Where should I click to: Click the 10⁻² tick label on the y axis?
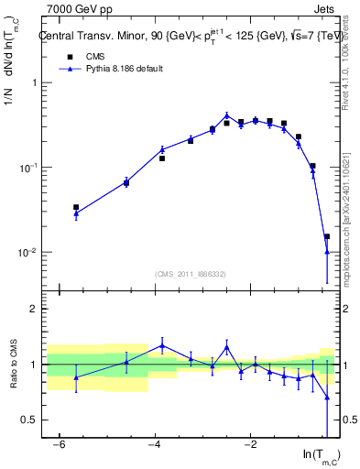[x=28, y=253]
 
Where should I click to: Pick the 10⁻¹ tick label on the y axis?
[x=28, y=168]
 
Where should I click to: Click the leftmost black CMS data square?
[x=76, y=208]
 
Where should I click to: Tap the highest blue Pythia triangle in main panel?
[x=226, y=116]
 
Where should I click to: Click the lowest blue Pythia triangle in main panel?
[x=327, y=252]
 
